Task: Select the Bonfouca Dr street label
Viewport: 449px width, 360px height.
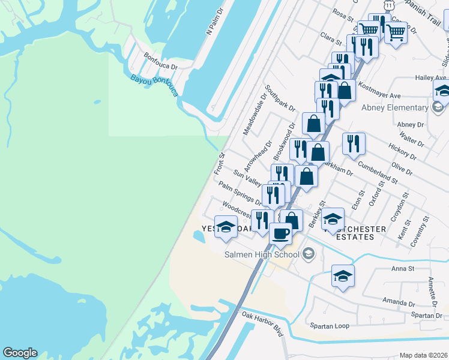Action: click(x=161, y=62)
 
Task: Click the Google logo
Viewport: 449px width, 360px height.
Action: click(x=20, y=353)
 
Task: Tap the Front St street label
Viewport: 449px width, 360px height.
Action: click(x=219, y=164)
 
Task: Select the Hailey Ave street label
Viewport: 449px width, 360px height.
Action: click(x=431, y=78)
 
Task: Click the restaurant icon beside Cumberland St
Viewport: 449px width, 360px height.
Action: click(x=354, y=143)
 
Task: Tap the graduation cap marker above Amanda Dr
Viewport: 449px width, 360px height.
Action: click(x=343, y=275)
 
